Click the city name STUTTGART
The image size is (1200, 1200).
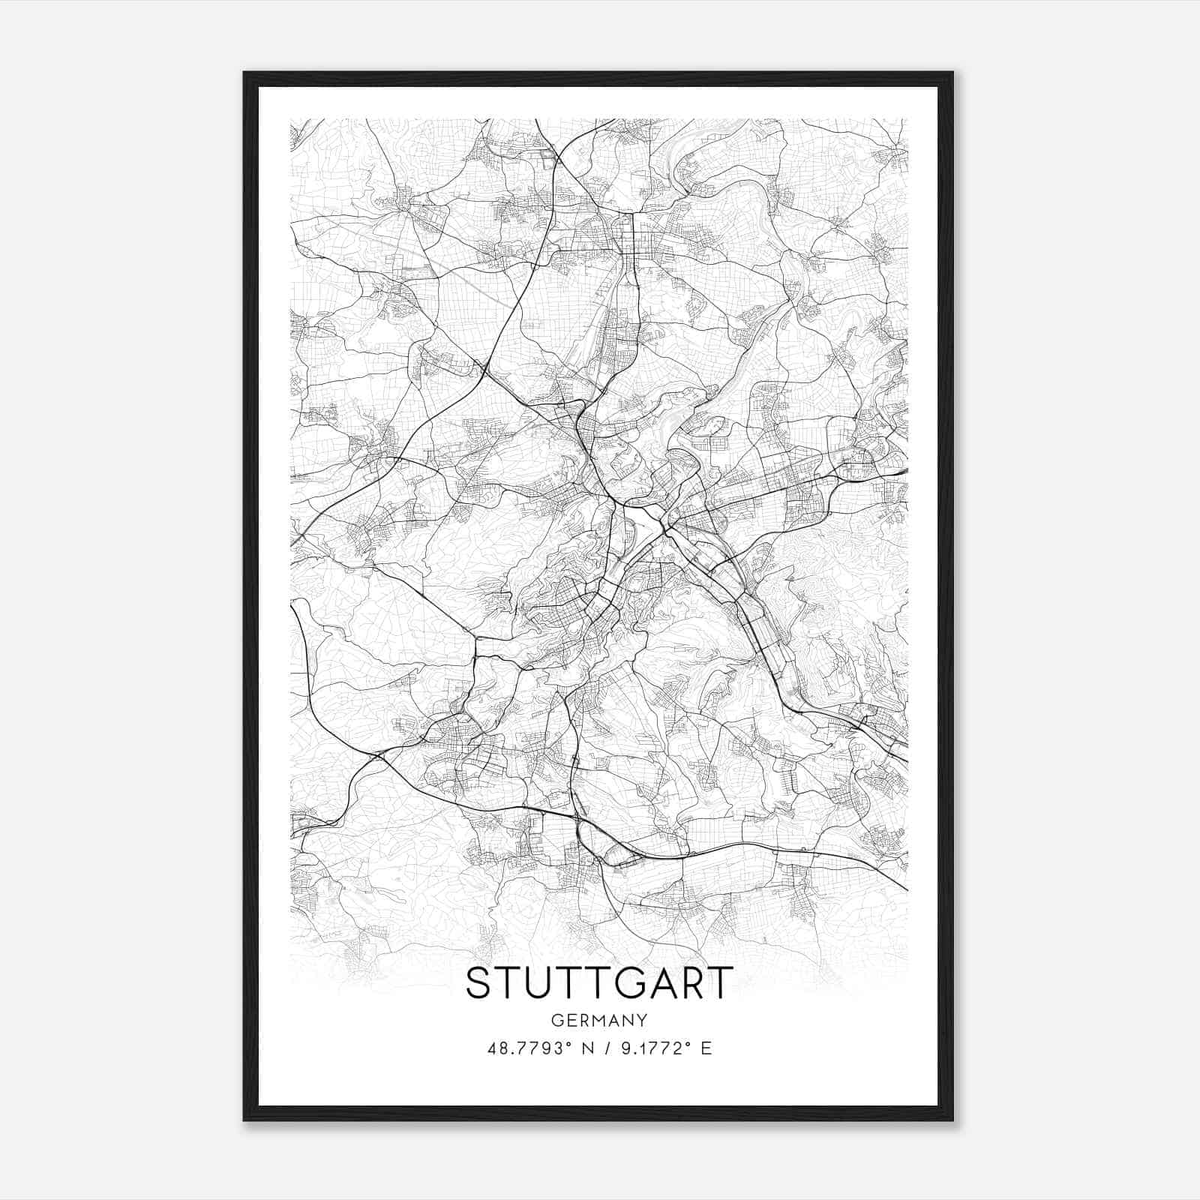click(x=598, y=983)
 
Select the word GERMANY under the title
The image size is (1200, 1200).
click(x=598, y=1020)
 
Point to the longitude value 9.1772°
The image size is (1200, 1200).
click(x=651, y=1048)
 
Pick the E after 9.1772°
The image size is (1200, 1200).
click(x=705, y=1048)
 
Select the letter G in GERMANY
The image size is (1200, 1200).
click(x=556, y=1020)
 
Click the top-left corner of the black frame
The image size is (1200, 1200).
click(x=244, y=72)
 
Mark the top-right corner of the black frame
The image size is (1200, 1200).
click(x=952, y=72)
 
